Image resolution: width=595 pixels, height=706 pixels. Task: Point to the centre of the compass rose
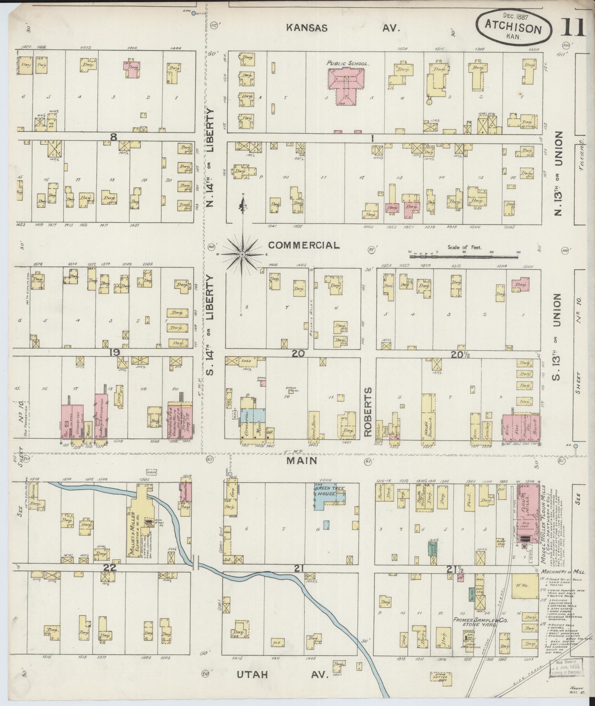pos(242,254)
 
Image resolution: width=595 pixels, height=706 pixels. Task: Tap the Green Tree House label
pos(330,491)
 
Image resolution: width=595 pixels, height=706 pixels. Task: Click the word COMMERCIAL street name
pos(303,245)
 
